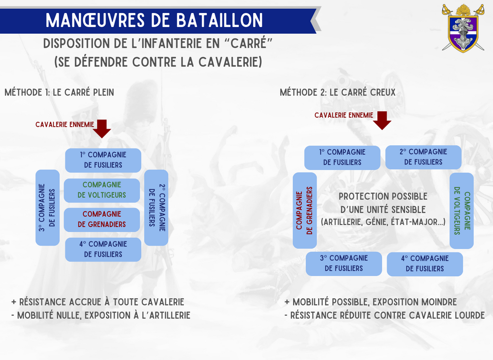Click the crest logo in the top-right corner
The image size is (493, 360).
463,27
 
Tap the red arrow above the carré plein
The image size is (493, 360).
102,129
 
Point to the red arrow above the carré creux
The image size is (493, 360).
382,120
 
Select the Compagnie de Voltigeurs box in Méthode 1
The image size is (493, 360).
103,190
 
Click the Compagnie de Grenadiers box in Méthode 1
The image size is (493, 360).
103,219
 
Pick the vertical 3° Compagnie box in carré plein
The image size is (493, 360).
48,207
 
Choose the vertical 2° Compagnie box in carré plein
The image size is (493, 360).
156,207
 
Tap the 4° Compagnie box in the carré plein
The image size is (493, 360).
103,249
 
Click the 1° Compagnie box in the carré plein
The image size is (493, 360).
103,160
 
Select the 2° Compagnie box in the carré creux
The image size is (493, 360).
423,157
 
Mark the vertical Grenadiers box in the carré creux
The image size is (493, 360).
305,210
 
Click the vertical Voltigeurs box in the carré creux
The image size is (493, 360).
461,210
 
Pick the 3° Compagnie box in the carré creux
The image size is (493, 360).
344,263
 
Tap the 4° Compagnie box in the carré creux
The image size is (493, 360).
425,264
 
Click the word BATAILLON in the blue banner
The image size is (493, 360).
220,20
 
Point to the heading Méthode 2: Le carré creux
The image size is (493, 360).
337,92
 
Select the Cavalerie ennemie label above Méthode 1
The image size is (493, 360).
65,124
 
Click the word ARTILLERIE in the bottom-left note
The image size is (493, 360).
162,316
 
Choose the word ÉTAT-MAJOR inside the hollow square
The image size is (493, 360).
418,222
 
